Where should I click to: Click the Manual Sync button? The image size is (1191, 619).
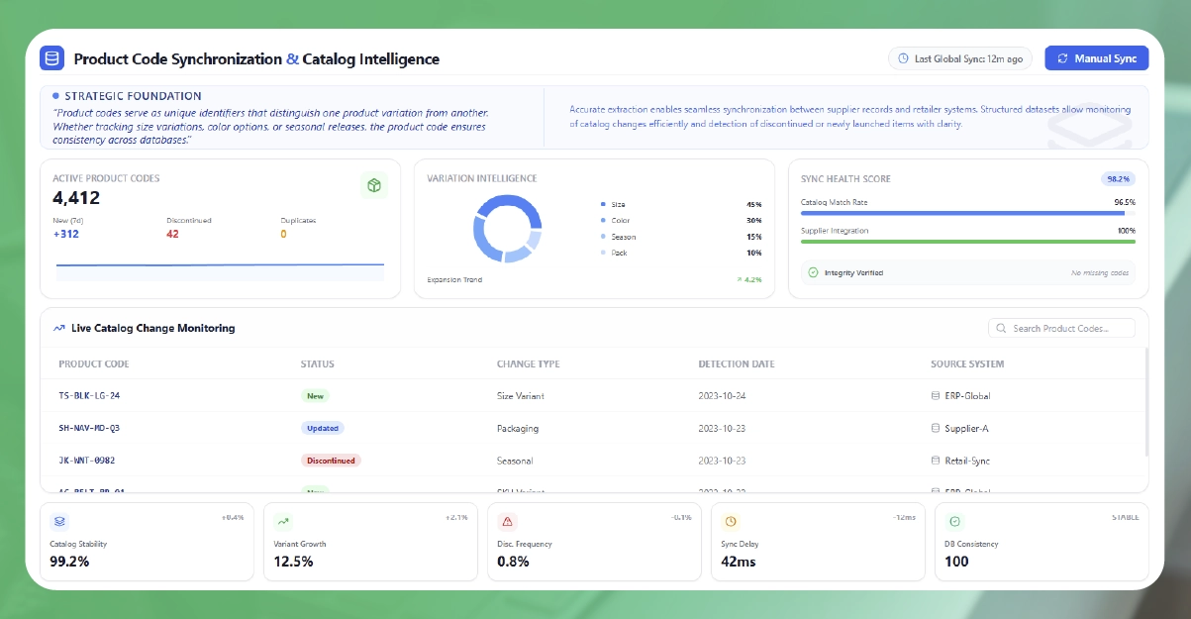click(x=1096, y=58)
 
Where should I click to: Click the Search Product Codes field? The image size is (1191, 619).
click(x=1061, y=328)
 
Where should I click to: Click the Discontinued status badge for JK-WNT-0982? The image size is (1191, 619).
click(x=331, y=461)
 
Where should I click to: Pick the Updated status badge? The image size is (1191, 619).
click(x=323, y=429)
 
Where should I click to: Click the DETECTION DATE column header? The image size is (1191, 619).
click(x=737, y=363)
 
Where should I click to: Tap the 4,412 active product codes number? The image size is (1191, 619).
click(x=76, y=198)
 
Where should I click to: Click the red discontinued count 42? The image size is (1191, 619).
click(x=173, y=234)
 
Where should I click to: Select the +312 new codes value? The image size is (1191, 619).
click(x=66, y=234)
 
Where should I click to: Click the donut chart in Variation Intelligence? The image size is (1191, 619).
click(x=507, y=228)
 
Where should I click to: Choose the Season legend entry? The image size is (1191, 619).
click(x=623, y=237)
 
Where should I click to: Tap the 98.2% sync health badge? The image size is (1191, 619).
click(x=1118, y=179)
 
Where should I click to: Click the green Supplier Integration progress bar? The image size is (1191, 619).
click(x=967, y=241)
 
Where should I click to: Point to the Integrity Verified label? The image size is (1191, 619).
click(x=852, y=272)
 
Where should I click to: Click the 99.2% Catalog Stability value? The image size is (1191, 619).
click(x=69, y=562)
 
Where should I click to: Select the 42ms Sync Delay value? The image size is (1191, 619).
click(x=740, y=562)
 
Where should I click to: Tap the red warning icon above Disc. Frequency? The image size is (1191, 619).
click(x=507, y=521)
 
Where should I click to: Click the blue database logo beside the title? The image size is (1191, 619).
click(x=51, y=58)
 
